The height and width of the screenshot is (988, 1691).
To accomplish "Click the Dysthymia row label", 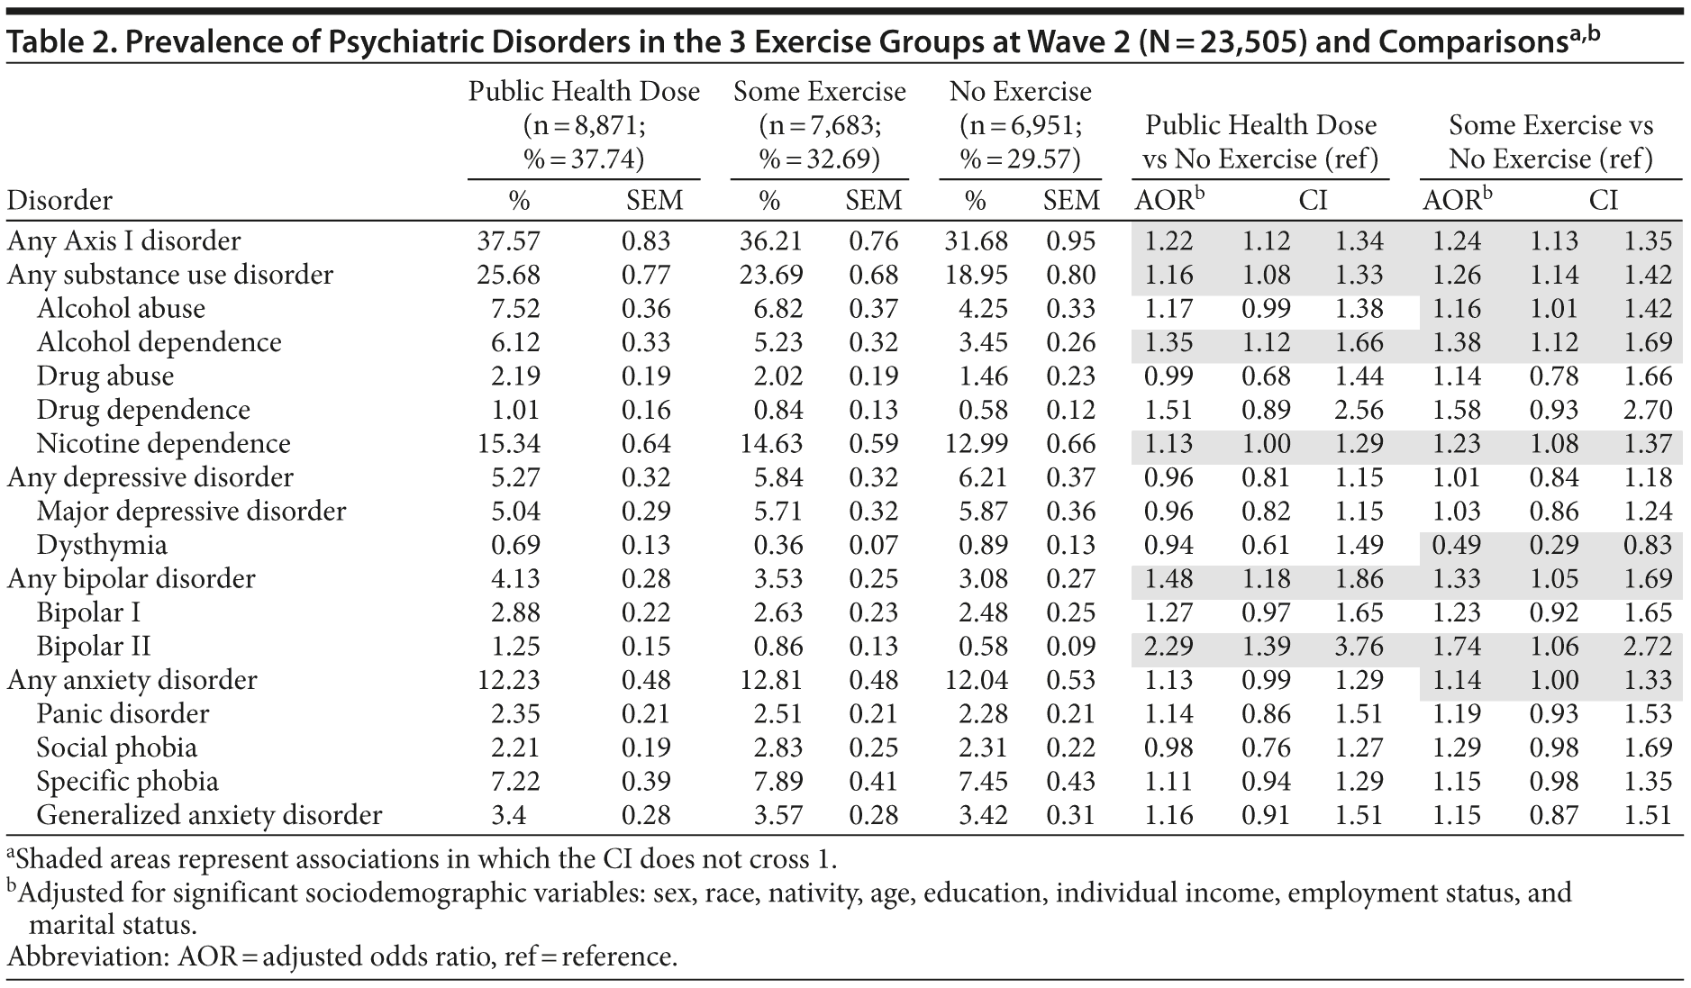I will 101,545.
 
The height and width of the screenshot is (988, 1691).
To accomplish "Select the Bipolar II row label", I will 93,647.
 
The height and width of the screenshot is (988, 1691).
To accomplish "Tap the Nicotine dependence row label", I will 163,444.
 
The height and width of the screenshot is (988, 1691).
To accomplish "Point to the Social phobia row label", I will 116,748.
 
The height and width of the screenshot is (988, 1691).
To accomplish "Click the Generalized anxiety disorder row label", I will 209,815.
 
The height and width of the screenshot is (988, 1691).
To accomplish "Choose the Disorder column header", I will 59,200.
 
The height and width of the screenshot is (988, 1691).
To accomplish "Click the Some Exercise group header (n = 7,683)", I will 819,125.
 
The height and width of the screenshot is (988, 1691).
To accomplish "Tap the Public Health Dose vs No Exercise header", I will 1260,142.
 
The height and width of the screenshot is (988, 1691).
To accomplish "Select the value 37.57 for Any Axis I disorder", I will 508,241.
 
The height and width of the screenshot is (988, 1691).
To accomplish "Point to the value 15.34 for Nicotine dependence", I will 508,444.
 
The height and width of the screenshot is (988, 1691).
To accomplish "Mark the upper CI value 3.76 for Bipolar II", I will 1358,647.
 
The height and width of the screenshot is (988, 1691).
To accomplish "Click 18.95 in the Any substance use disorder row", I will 977,275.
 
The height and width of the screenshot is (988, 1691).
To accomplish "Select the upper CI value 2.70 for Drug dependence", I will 1648,410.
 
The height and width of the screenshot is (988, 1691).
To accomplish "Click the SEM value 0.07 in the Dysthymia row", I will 872,545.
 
